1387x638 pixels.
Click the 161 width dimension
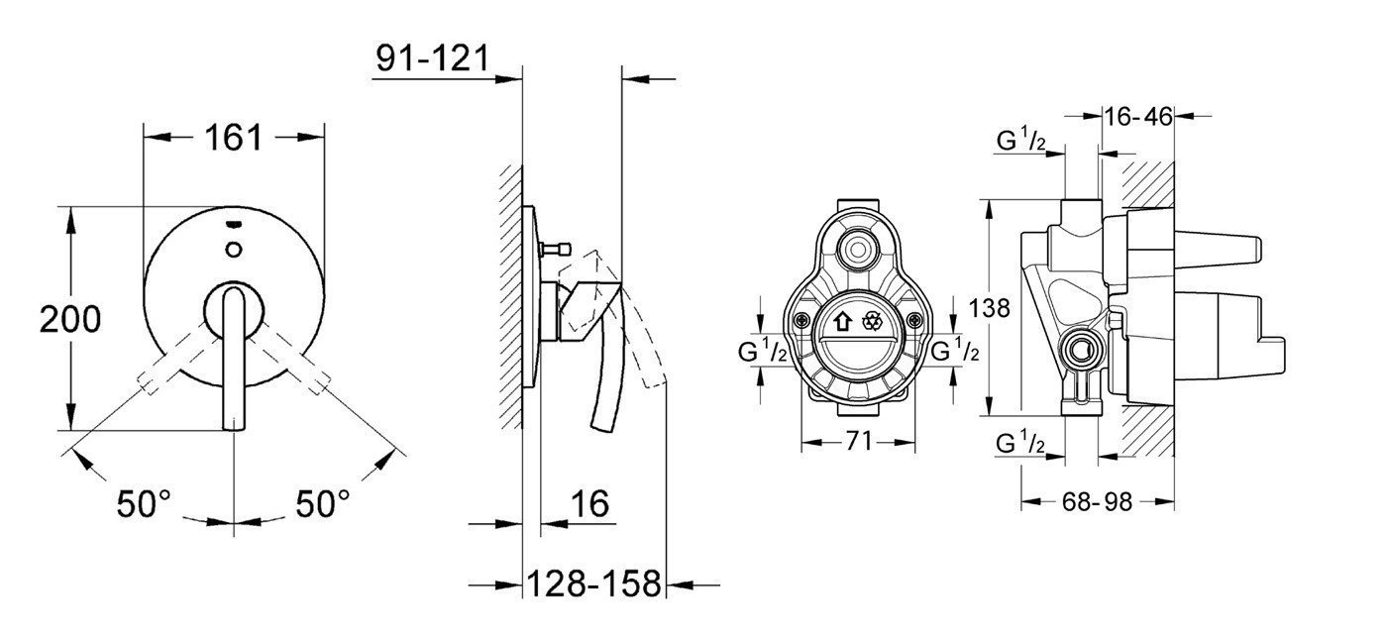click(234, 137)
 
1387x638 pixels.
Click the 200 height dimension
click(70, 320)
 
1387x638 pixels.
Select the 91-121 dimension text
click(433, 58)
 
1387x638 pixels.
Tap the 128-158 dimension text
click(593, 584)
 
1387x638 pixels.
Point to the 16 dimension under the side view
click(589, 503)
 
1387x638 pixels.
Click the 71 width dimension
click(859, 441)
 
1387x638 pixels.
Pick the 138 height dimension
click(989, 308)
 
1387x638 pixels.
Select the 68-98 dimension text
click(1098, 501)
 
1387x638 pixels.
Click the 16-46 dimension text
click(1138, 117)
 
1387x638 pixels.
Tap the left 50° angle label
click(144, 503)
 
